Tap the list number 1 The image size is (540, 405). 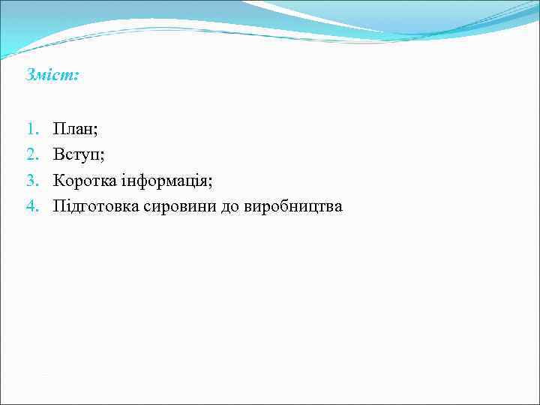pos(31,129)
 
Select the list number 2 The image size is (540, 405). pos(31,154)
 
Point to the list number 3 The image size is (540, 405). pos(31,180)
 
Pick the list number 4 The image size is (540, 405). pos(31,205)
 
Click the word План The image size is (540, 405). pos(73,129)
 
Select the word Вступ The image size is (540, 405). pos(76,154)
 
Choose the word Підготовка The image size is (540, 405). pos(95,205)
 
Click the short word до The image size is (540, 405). pos(229,206)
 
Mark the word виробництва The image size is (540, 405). pos(293,206)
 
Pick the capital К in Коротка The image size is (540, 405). pos(58,180)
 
